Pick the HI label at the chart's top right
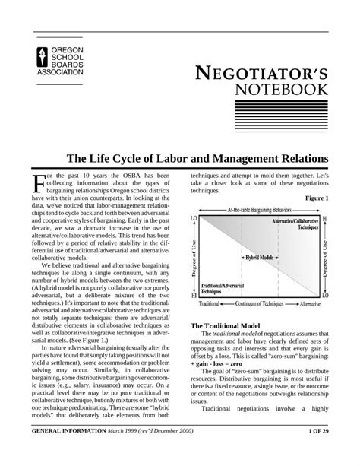[x=326, y=218]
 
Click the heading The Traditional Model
[x=221, y=325]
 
